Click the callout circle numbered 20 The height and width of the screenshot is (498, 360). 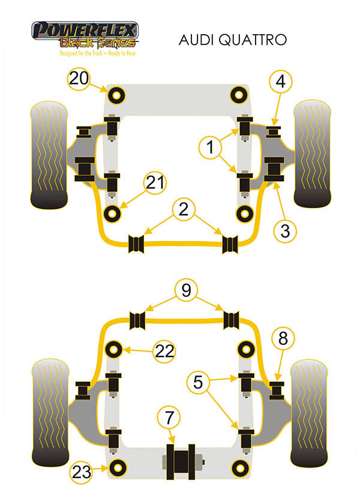79,78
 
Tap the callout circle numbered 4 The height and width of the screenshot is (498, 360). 280,82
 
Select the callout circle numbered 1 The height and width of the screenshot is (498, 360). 210,147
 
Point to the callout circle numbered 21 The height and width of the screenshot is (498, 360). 155,182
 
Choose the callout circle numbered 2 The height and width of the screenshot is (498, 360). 184,209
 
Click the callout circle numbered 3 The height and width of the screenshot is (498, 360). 285,231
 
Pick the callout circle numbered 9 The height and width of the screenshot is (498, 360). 186,290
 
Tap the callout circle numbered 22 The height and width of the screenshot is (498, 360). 164,351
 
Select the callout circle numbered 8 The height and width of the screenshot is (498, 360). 283,338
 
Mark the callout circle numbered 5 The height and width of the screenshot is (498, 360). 198,382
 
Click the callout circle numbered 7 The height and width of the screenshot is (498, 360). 169,418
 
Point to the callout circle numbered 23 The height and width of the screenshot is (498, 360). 81,472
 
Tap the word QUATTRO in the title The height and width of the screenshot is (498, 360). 253,40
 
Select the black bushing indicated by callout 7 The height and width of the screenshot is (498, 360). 181,461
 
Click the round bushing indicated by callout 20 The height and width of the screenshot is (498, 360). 116,95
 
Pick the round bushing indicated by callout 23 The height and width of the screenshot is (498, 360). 118,467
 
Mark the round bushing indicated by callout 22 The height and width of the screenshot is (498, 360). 113,349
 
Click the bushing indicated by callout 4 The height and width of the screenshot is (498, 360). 273,132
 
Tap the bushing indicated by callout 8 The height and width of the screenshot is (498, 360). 277,391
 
